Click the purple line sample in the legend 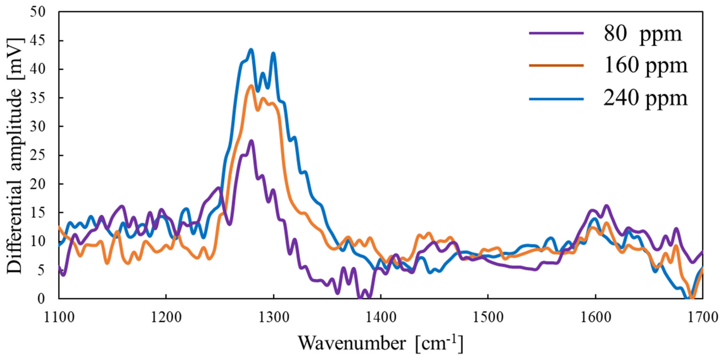coord(556,41)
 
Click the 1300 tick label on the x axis coord(273,317)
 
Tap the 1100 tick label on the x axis coord(59,317)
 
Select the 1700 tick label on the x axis coord(702,317)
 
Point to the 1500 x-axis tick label coord(488,317)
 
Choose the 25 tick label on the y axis coord(38,155)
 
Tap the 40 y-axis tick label coord(38,69)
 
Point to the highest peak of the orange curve coord(251,85)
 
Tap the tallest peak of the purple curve coord(251,141)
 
